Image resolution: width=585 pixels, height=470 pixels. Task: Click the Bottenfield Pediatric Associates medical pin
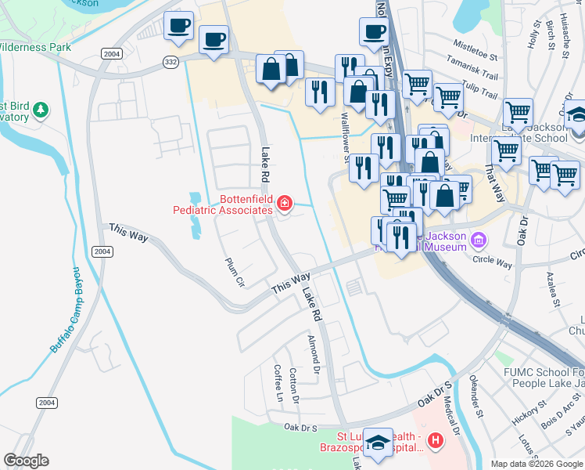(x=285, y=204)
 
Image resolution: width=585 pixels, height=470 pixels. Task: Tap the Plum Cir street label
(x=235, y=273)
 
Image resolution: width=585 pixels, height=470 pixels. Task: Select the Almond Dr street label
(x=314, y=353)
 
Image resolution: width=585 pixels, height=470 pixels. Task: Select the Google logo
(x=26, y=461)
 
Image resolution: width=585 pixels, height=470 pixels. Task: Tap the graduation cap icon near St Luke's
(x=379, y=443)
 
